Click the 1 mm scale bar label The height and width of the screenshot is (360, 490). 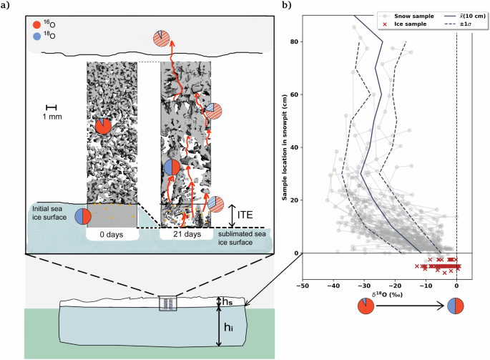tap(51, 117)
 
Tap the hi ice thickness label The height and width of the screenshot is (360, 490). tap(227, 329)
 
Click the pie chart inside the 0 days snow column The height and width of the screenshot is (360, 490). tap(104, 127)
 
